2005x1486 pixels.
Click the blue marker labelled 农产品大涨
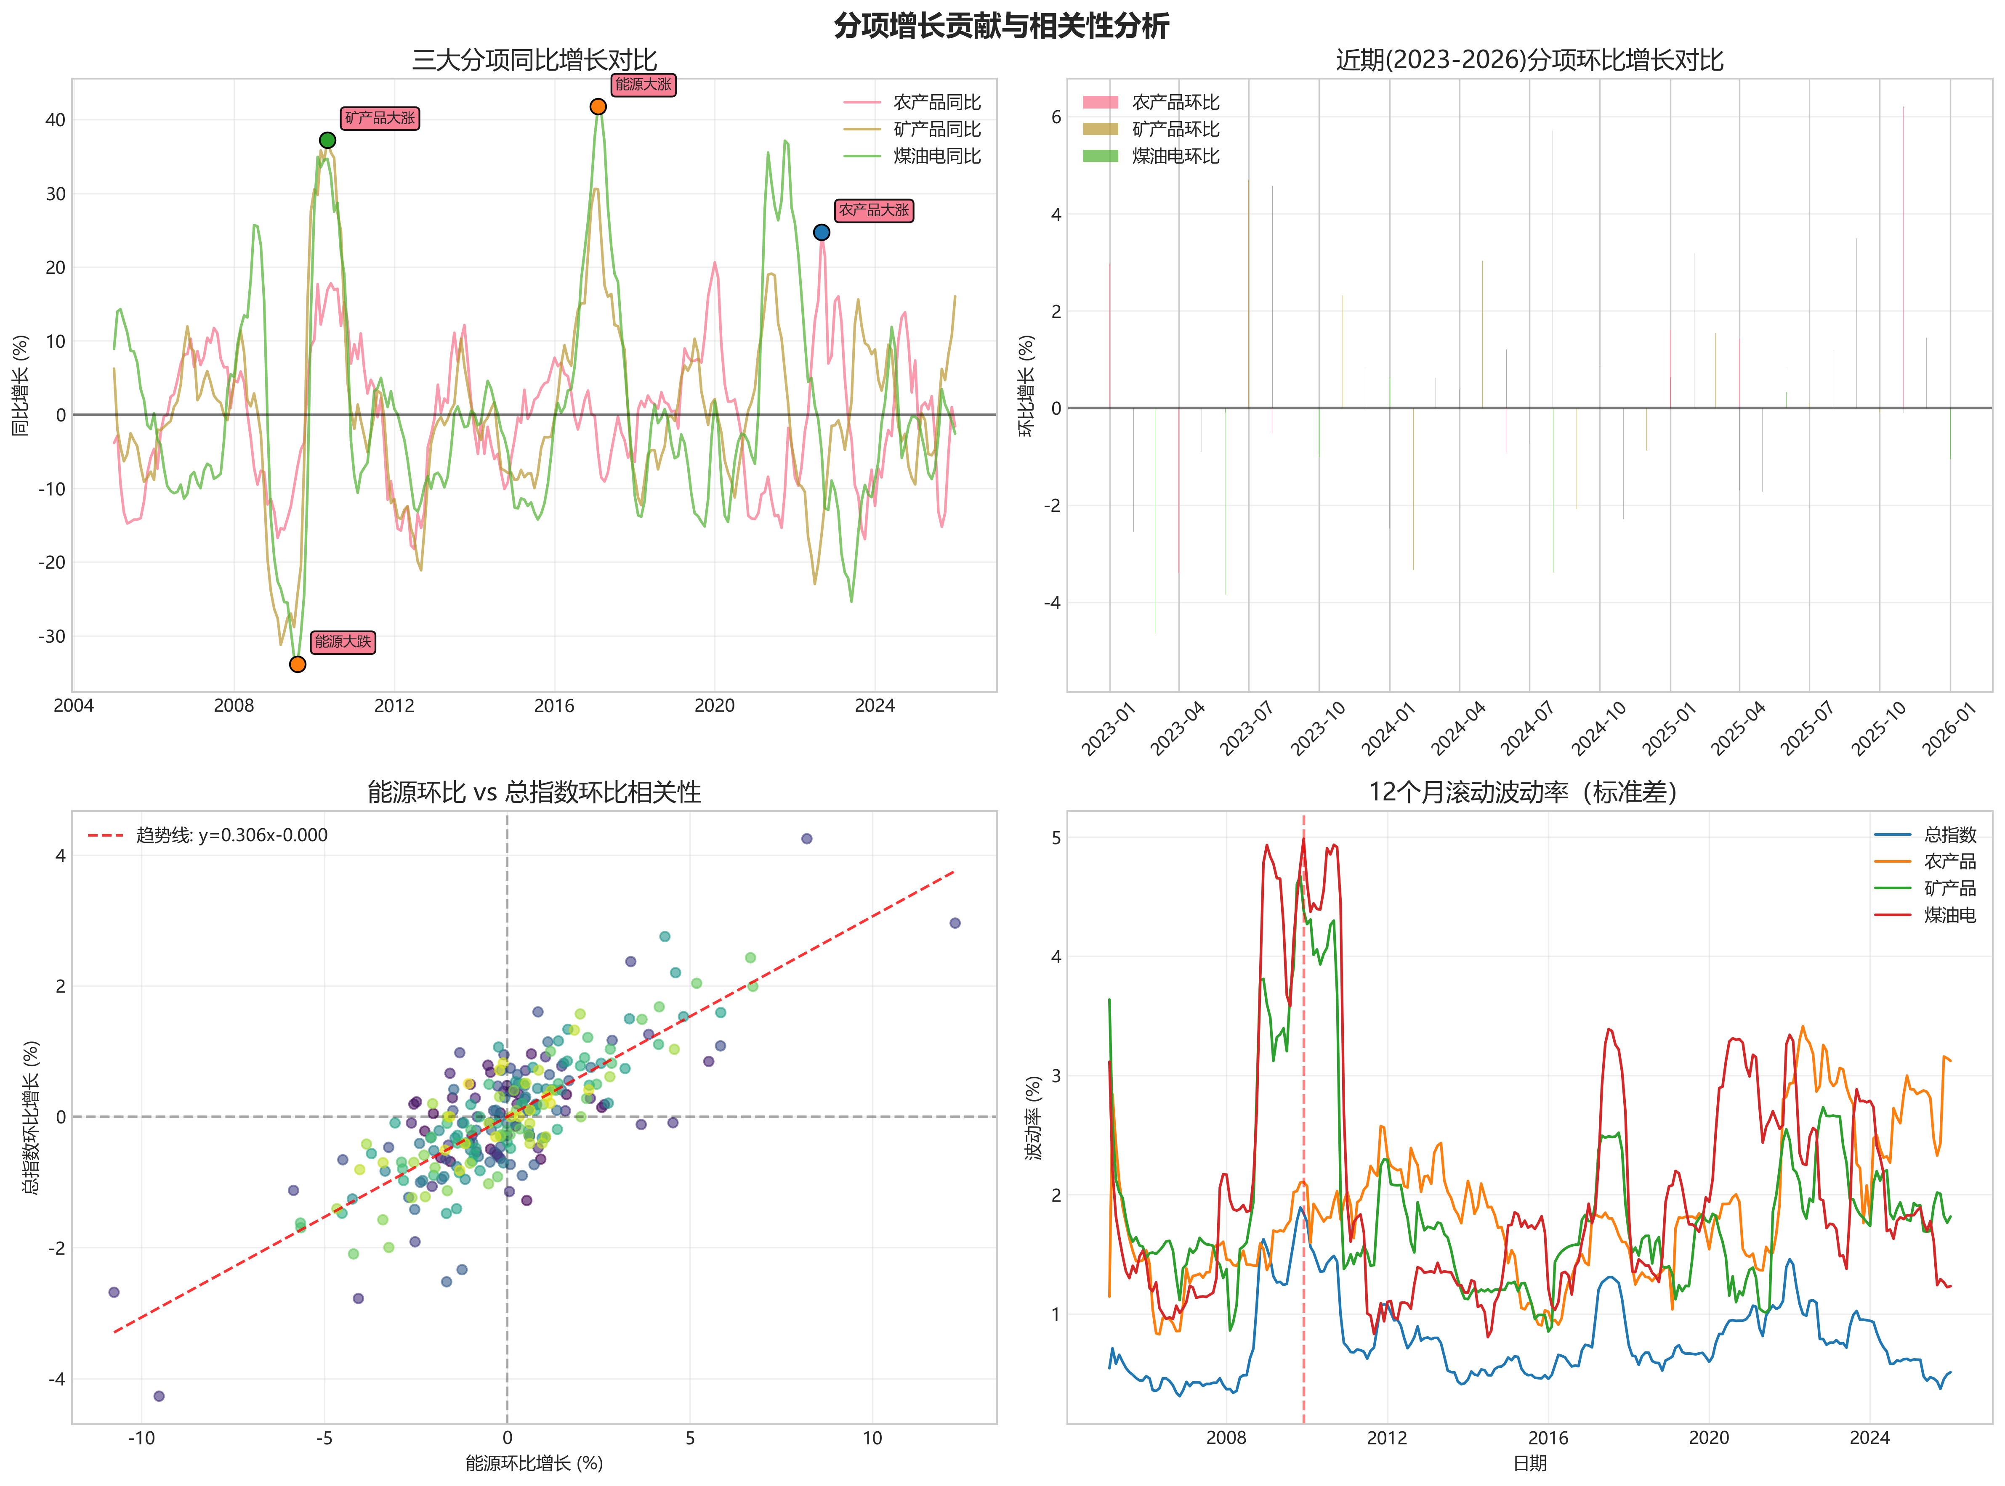click(x=821, y=232)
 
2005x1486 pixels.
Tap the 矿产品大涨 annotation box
click(x=380, y=118)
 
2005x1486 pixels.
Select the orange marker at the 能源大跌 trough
click(x=297, y=664)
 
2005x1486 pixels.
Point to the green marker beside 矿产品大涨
click(x=327, y=140)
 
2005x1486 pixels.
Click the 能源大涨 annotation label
click(x=644, y=85)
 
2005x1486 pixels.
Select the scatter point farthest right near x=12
click(x=955, y=923)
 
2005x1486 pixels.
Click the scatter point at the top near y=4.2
click(x=806, y=838)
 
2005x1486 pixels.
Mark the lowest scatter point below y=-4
click(x=159, y=1396)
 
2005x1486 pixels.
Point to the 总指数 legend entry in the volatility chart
click(x=1949, y=835)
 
